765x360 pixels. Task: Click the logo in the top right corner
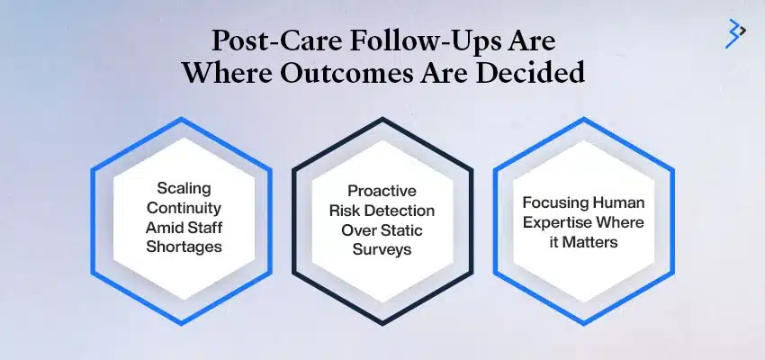[735, 34]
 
